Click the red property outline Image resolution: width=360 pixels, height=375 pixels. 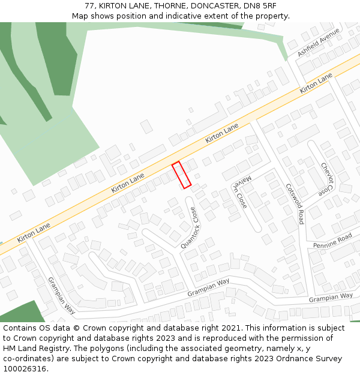click(x=181, y=175)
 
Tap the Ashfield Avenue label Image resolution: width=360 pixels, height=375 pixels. click(x=318, y=43)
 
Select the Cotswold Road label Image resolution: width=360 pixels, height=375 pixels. click(x=295, y=203)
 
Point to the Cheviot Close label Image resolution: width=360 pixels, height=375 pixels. click(x=326, y=179)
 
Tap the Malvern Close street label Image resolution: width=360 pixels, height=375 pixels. click(x=239, y=192)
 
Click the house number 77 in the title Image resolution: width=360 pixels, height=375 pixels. click(x=90, y=6)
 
